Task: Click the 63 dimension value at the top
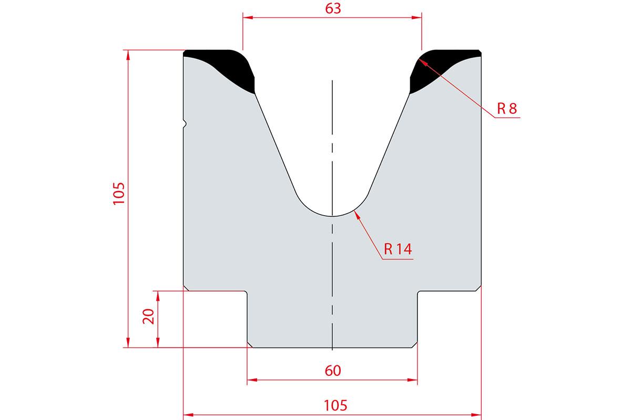333,8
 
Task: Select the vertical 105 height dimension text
119,194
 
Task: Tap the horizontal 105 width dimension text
335,405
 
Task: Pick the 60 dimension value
333,371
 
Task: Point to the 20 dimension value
148,317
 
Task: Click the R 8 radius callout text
507,109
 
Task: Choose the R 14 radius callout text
398,249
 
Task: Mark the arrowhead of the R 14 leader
357,215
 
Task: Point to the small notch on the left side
185,123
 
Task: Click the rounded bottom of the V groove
332,216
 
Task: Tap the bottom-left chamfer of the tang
250,345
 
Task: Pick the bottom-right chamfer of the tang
414,345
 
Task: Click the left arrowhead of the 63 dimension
248,17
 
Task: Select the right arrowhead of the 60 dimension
412,380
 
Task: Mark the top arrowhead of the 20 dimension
158,296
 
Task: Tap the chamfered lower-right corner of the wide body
479,288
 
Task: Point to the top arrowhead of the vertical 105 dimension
128,55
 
